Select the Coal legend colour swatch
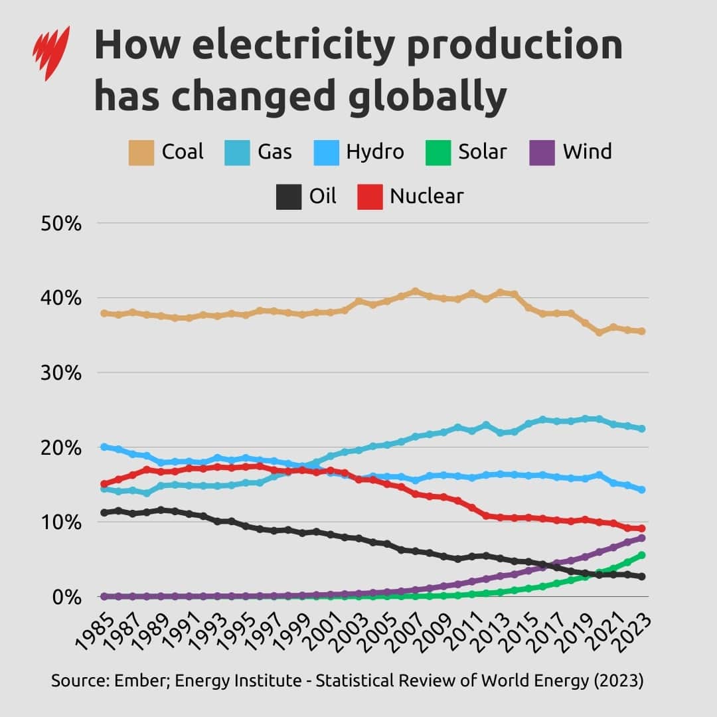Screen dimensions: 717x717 (x=141, y=152)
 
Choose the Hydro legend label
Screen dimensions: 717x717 (x=375, y=152)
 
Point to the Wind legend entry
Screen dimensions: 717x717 (x=587, y=152)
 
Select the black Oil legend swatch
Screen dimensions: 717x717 (x=289, y=197)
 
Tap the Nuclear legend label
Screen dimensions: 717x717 (x=426, y=197)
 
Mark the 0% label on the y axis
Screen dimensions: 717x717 (x=66, y=597)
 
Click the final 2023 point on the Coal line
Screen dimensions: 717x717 (x=642, y=331)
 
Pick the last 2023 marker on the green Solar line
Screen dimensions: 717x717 (x=642, y=555)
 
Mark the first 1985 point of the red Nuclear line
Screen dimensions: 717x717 (x=104, y=484)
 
